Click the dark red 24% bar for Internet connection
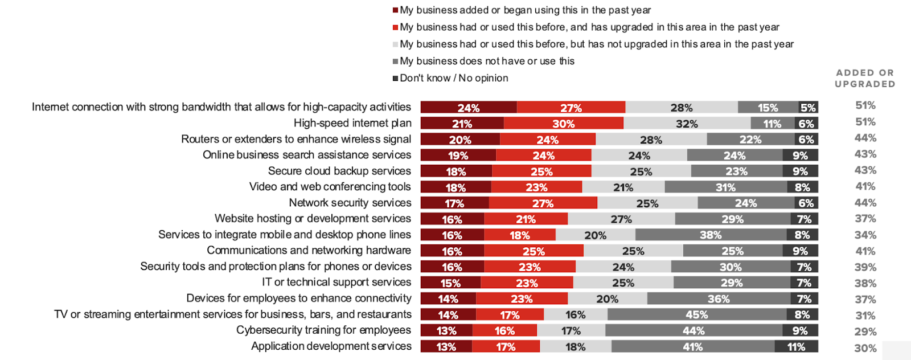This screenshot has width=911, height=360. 469,107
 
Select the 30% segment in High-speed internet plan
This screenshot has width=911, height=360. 563,123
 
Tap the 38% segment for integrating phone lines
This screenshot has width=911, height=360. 711,235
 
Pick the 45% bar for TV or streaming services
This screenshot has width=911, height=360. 696,314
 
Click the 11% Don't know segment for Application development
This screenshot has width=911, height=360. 796,346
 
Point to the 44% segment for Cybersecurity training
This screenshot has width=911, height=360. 693,330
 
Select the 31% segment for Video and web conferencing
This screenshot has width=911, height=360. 725,187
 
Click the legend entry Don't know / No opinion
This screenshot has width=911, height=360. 454,78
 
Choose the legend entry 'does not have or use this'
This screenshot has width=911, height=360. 487,61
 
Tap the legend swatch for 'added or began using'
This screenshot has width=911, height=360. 396,10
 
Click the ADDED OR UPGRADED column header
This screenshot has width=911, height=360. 865,78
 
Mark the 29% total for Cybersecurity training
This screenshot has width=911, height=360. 865,332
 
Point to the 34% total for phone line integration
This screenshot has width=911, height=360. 865,235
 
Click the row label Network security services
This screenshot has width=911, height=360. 350,203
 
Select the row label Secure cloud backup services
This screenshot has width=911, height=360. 339,171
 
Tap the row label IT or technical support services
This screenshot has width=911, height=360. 336,282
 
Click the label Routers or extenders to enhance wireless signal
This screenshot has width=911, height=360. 296,139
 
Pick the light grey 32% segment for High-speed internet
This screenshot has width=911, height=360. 687,123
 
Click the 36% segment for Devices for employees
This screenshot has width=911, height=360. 719,298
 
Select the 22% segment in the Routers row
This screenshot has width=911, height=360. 750,139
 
